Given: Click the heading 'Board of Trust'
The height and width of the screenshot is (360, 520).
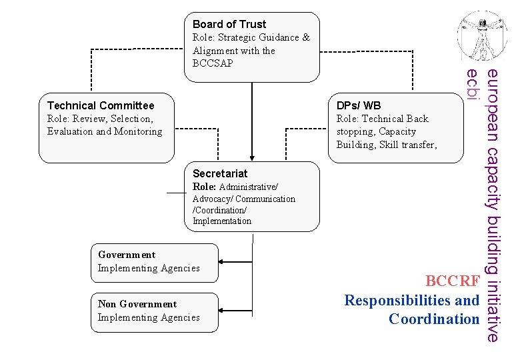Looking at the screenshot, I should (229, 24).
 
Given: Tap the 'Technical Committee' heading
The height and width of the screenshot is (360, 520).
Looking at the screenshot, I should (101, 105).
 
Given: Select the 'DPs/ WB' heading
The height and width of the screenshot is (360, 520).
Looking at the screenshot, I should (359, 105).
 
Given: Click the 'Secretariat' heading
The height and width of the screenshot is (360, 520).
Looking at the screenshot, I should (220, 173).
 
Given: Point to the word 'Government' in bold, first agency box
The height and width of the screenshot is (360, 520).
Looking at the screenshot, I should (127, 255).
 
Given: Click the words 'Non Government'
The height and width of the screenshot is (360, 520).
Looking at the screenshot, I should (137, 304).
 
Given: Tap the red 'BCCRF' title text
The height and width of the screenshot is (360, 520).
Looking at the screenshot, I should (452, 281).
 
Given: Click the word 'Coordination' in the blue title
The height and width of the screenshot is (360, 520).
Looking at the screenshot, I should (434, 319).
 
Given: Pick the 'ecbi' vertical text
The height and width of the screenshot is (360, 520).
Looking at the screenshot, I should (473, 85).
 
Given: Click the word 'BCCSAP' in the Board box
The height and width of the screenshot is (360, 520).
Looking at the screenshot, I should (213, 63).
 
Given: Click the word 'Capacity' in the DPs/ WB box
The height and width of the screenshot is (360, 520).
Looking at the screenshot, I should (397, 131).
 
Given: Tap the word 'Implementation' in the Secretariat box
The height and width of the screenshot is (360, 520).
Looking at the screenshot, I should (222, 221).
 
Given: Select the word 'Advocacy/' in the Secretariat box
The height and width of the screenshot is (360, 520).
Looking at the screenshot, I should (213, 199).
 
